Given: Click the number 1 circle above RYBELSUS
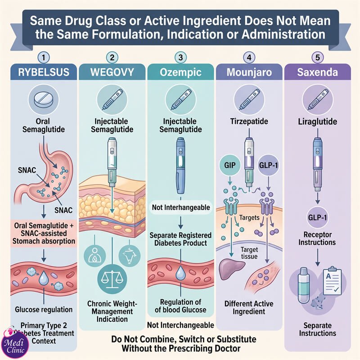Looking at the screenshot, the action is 44,58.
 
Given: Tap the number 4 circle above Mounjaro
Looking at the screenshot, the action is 249,58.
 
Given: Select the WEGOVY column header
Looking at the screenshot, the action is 112,72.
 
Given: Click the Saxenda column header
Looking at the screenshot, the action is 318,72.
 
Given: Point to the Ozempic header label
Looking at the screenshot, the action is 181,72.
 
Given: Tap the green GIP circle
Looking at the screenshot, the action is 230,165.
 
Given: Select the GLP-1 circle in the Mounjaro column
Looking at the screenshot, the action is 268,165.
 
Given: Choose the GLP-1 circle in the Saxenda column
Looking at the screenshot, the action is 318,217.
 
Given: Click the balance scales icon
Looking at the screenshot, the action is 112,279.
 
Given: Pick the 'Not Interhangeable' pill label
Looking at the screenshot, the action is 181,207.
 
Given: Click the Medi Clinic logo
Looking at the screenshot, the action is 15,343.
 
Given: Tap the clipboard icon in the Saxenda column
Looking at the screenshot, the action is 332,281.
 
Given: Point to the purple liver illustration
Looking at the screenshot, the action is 231,269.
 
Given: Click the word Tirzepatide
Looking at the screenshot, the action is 249,121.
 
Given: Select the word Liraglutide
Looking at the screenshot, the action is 318,121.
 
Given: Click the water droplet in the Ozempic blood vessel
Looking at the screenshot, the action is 180,273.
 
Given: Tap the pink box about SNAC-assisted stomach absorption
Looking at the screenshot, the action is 44,233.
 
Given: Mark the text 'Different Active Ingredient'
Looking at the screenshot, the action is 249,307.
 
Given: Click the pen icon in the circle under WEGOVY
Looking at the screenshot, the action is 112,99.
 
